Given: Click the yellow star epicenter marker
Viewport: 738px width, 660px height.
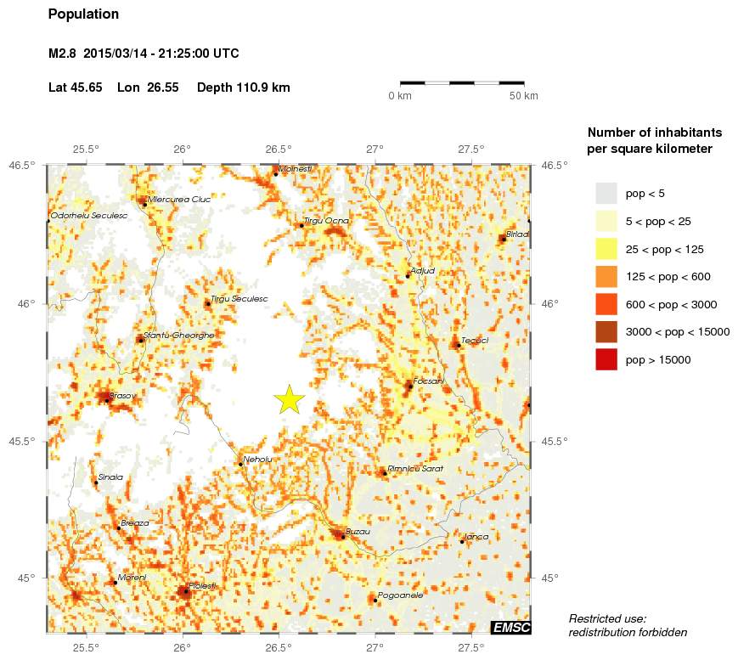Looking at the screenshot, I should pyautogui.click(x=290, y=398).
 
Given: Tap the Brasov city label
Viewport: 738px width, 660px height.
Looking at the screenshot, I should pyautogui.click(x=122, y=395).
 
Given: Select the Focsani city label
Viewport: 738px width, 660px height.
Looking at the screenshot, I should pyautogui.click(x=429, y=381).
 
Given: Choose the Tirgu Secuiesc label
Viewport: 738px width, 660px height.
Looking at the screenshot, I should pyautogui.click(x=239, y=299).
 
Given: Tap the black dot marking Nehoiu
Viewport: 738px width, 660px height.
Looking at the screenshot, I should pyautogui.click(x=240, y=464).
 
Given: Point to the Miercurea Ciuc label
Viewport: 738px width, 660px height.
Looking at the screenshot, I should pyautogui.click(x=178, y=200).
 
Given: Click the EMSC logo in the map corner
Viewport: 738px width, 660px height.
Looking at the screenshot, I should pyautogui.click(x=510, y=628).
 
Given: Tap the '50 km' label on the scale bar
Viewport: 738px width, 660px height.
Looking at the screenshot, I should pyautogui.click(x=524, y=96).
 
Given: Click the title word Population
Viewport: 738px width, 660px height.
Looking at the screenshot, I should pyautogui.click(x=84, y=14).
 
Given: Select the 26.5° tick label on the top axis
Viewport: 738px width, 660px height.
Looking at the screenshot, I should pyautogui.click(x=279, y=149).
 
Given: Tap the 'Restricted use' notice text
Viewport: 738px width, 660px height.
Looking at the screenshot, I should pyautogui.click(x=608, y=618).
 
